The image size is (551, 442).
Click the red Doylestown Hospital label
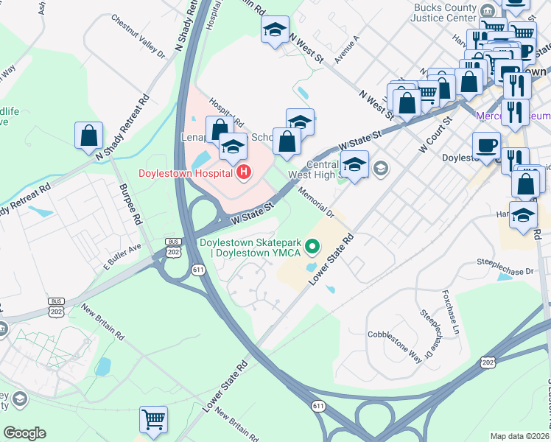pyautogui.click(x=186, y=174)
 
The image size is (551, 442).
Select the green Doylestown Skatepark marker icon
pyautogui.click(x=313, y=246)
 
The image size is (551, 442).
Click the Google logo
pyautogui.click(x=24, y=433)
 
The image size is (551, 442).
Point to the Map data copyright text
pyautogui.click(x=520, y=436)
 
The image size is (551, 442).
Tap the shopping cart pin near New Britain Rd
pyautogui.click(x=153, y=420)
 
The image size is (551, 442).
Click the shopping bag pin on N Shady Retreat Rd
pyautogui.click(x=88, y=136)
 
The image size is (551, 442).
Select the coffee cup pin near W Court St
pyautogui.click(x=485, y=144)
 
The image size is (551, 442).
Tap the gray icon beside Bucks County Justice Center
pyautogui.click(x=488, y=10)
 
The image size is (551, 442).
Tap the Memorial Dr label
pyautogui.click(x=317, y=203)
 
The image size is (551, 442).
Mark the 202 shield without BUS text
pyautogui.click(x=488, y=362)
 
